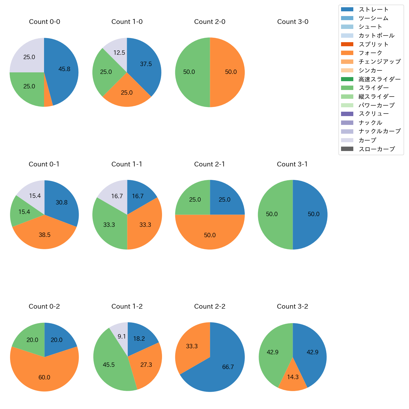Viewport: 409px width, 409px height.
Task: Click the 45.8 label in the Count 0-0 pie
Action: pos(64,69)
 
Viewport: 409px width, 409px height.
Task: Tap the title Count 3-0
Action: pos(293,22)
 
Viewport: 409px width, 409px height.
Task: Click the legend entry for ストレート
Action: pos(373,9)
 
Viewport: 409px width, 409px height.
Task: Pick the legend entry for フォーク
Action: pos(370,53)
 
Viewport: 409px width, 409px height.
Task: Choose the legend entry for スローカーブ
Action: pos(377,149)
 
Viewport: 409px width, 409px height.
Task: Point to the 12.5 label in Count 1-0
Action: pos(119,53)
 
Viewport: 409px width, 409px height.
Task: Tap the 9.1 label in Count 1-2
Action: pos(122,337)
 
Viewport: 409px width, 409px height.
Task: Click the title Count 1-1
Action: pos(127,164)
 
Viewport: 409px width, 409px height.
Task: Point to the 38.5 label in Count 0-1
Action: pos(44,235)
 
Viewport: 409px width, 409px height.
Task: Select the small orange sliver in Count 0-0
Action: pos(48,102)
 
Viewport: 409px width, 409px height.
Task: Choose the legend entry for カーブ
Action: pos(367,140)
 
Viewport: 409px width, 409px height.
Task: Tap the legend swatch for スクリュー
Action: pos(347,114)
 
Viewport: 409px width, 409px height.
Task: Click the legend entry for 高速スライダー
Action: pos(379,79)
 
